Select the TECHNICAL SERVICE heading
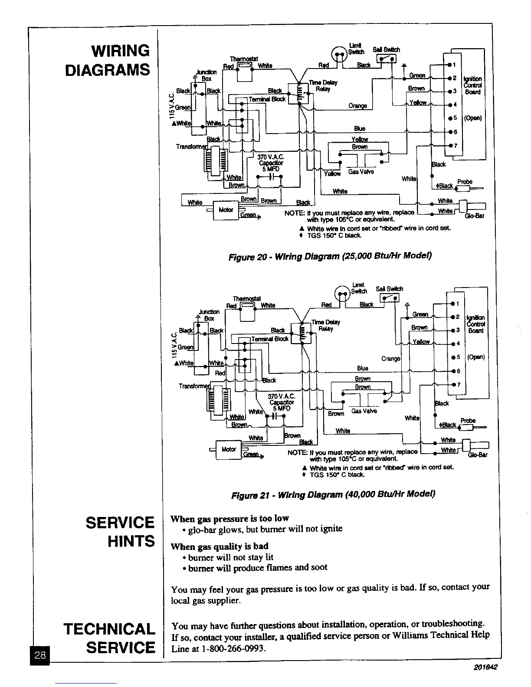[109, 638]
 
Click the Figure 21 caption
[333, 494]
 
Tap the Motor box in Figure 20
[226, 210]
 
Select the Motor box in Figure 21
[229, 449]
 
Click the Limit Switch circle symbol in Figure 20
[339, 54]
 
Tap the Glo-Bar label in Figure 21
[478, 455]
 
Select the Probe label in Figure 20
[465, 182]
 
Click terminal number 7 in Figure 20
[455, 145]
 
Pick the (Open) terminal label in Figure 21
[475, 357]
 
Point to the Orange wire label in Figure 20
[357, 106]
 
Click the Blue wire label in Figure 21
[363, 368]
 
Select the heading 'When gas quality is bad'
[220, 546]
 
